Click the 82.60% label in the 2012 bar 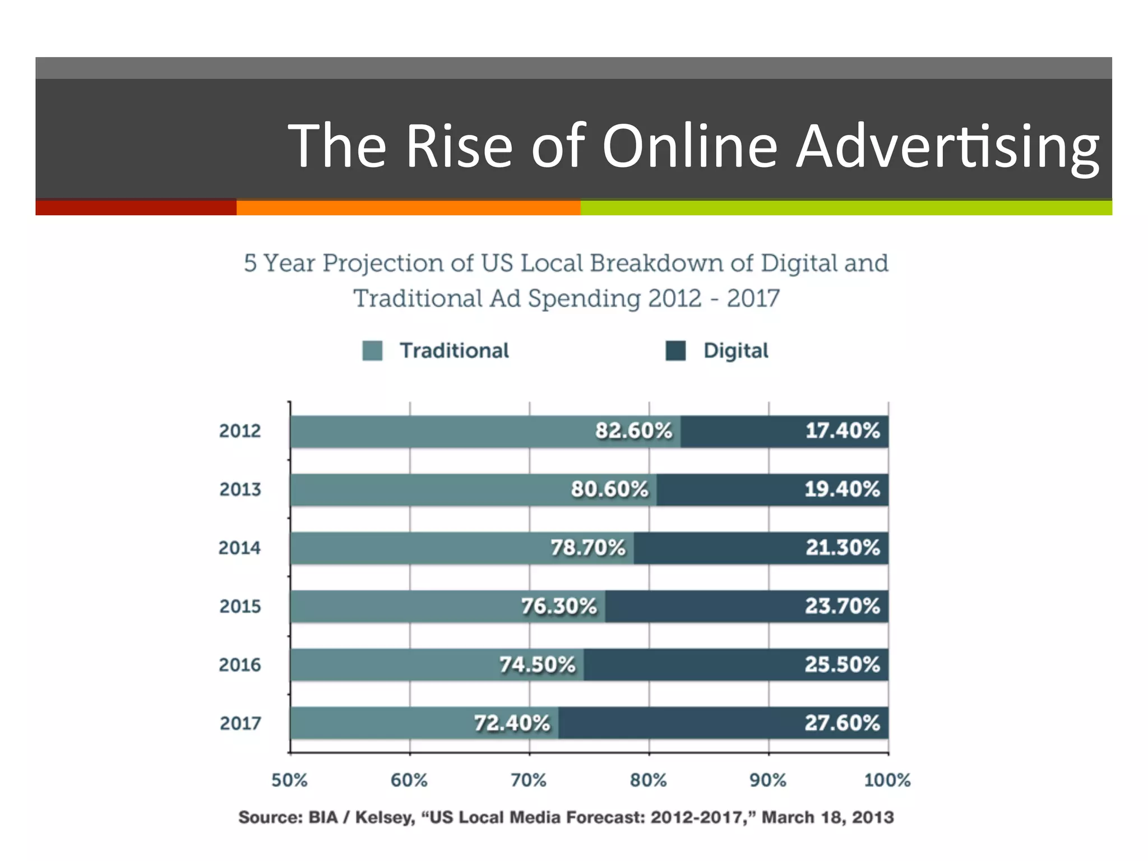(633, 430)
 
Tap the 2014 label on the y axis (239, 548)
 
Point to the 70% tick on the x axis (529, 780)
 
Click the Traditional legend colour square (372, 351)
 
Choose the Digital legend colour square (675, 351)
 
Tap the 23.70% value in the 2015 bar (842, 606)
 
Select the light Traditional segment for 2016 (392, 665)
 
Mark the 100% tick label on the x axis (887, 780)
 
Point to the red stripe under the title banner (136, 207)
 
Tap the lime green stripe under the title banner (846, 207)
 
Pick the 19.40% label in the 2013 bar (842, 489)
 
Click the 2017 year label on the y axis (240, 723)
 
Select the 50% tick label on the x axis (289, 780)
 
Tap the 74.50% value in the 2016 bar (537, 665)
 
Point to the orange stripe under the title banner (408, 207)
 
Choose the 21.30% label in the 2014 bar (843, 548)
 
